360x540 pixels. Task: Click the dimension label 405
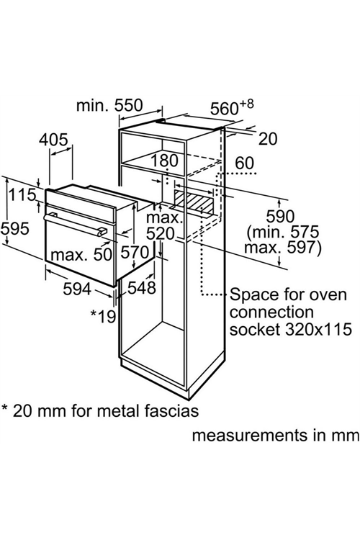point(53,140)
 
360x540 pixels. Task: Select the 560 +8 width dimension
point(232,107)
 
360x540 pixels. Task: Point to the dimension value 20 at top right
point(267,139)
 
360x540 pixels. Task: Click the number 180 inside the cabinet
point(166,161)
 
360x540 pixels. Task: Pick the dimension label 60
point(244,163)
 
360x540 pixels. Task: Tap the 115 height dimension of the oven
point(22,195)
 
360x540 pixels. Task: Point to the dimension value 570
point(135,253)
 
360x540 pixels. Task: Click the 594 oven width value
point(77,289)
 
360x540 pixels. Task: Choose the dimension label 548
point(142,288)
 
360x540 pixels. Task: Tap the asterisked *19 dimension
point(103,315)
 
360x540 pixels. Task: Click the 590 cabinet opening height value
point(280,217)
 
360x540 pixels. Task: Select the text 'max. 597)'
point(282,248)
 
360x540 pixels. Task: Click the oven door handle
point(73,224)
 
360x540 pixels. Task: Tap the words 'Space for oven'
point(288,294)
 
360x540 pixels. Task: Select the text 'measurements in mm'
point(276,436)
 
